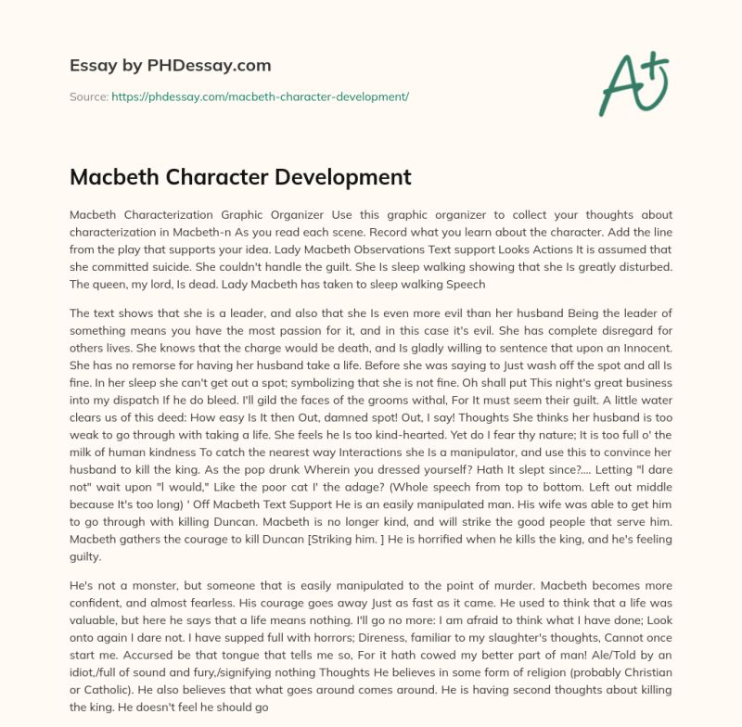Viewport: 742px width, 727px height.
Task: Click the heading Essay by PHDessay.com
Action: coord(170,66)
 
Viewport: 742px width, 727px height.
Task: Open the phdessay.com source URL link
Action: coord(260,96)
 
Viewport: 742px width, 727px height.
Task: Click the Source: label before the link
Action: coord(89,96)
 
